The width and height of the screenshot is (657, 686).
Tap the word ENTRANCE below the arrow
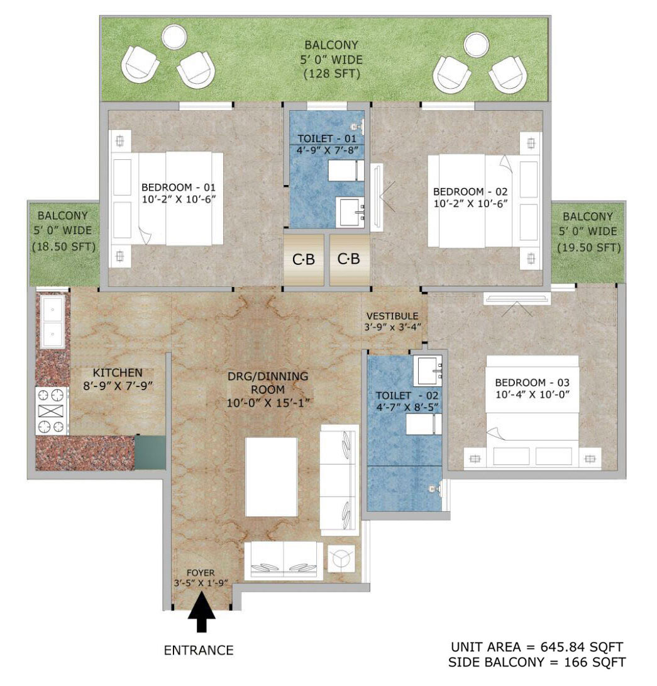coord(199,650)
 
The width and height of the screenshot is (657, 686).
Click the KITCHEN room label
coord(118,373)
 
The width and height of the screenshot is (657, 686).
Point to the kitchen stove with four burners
coord(52,411)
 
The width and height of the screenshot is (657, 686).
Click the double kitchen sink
coord(52,322)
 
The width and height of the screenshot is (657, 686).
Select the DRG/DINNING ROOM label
coord(268,383)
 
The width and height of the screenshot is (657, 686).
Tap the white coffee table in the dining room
coord(272,476)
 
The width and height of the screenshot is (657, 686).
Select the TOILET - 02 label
coord(408,395)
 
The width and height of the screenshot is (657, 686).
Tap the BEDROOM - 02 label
coord(470,191)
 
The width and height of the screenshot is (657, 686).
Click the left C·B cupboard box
coord(304,259)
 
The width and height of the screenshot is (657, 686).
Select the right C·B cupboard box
coord(348,259)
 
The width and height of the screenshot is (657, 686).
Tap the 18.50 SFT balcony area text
coord(63,247)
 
